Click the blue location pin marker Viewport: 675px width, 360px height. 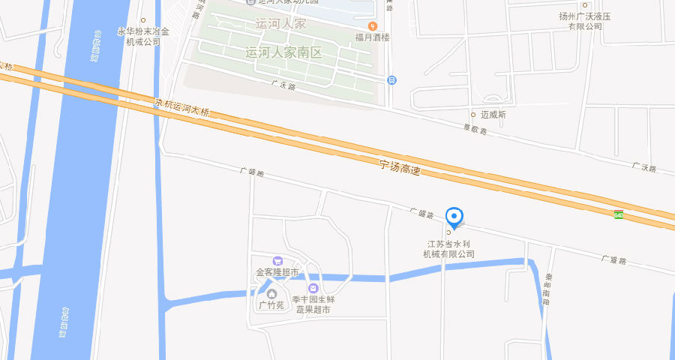pyautogui.click(x=454, y=217)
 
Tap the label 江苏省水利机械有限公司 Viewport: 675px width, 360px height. pyautogui.click(x=448, y=249)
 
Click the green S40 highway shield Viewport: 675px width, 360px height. pyautogui.click(x=619, y=215)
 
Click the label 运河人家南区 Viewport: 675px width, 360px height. pyautogui.click(x=283, y=52)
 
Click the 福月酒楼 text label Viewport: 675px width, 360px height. pyautogui.click(x=373, y=37)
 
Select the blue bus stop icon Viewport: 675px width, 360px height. pyautogui.click(x=391, y=80)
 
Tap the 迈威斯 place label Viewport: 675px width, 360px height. pyautogui.click(x=493, y=115)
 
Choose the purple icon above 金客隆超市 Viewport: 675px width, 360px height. pyautogui.click(x=277, y=260)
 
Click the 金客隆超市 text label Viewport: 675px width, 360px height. pyautogui.click(x=277, y=272)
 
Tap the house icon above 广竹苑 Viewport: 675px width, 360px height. pyautogui.click(x=271, y=293)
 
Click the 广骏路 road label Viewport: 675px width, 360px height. pyautogui.click(x=613, y=259)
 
